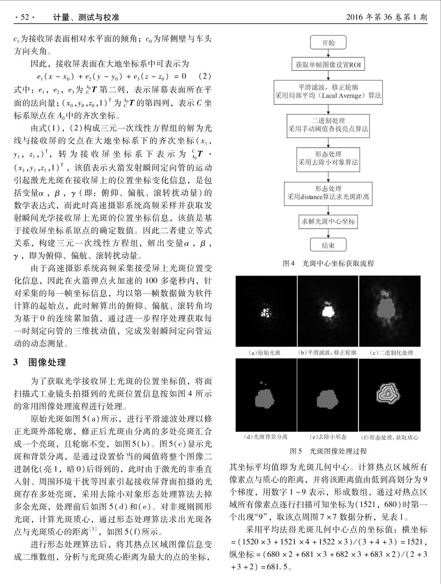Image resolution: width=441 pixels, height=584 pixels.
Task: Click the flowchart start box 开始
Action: point(328,43)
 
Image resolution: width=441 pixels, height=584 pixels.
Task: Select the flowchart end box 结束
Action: point(328,245)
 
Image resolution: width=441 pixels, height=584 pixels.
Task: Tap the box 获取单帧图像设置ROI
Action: point(328,65)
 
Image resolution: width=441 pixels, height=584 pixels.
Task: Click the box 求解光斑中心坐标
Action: point(328,221)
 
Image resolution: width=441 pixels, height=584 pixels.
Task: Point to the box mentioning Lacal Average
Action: point(328,91)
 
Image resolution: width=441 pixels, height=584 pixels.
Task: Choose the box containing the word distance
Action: point(328,193)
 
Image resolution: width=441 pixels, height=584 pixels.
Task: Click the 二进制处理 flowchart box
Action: point(328,125)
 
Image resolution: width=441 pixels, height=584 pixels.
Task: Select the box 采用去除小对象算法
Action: point(328,158)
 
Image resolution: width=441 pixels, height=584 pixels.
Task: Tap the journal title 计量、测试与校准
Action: point(86,17)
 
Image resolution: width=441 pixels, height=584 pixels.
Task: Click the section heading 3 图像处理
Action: point(40,363)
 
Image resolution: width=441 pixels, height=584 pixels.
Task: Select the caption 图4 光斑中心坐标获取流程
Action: point(328,263)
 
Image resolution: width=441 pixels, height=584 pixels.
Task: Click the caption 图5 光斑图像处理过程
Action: point(328,451)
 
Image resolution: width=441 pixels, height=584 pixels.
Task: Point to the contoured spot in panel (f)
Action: point(387,393)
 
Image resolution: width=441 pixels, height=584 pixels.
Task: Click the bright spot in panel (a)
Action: point(266,312)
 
